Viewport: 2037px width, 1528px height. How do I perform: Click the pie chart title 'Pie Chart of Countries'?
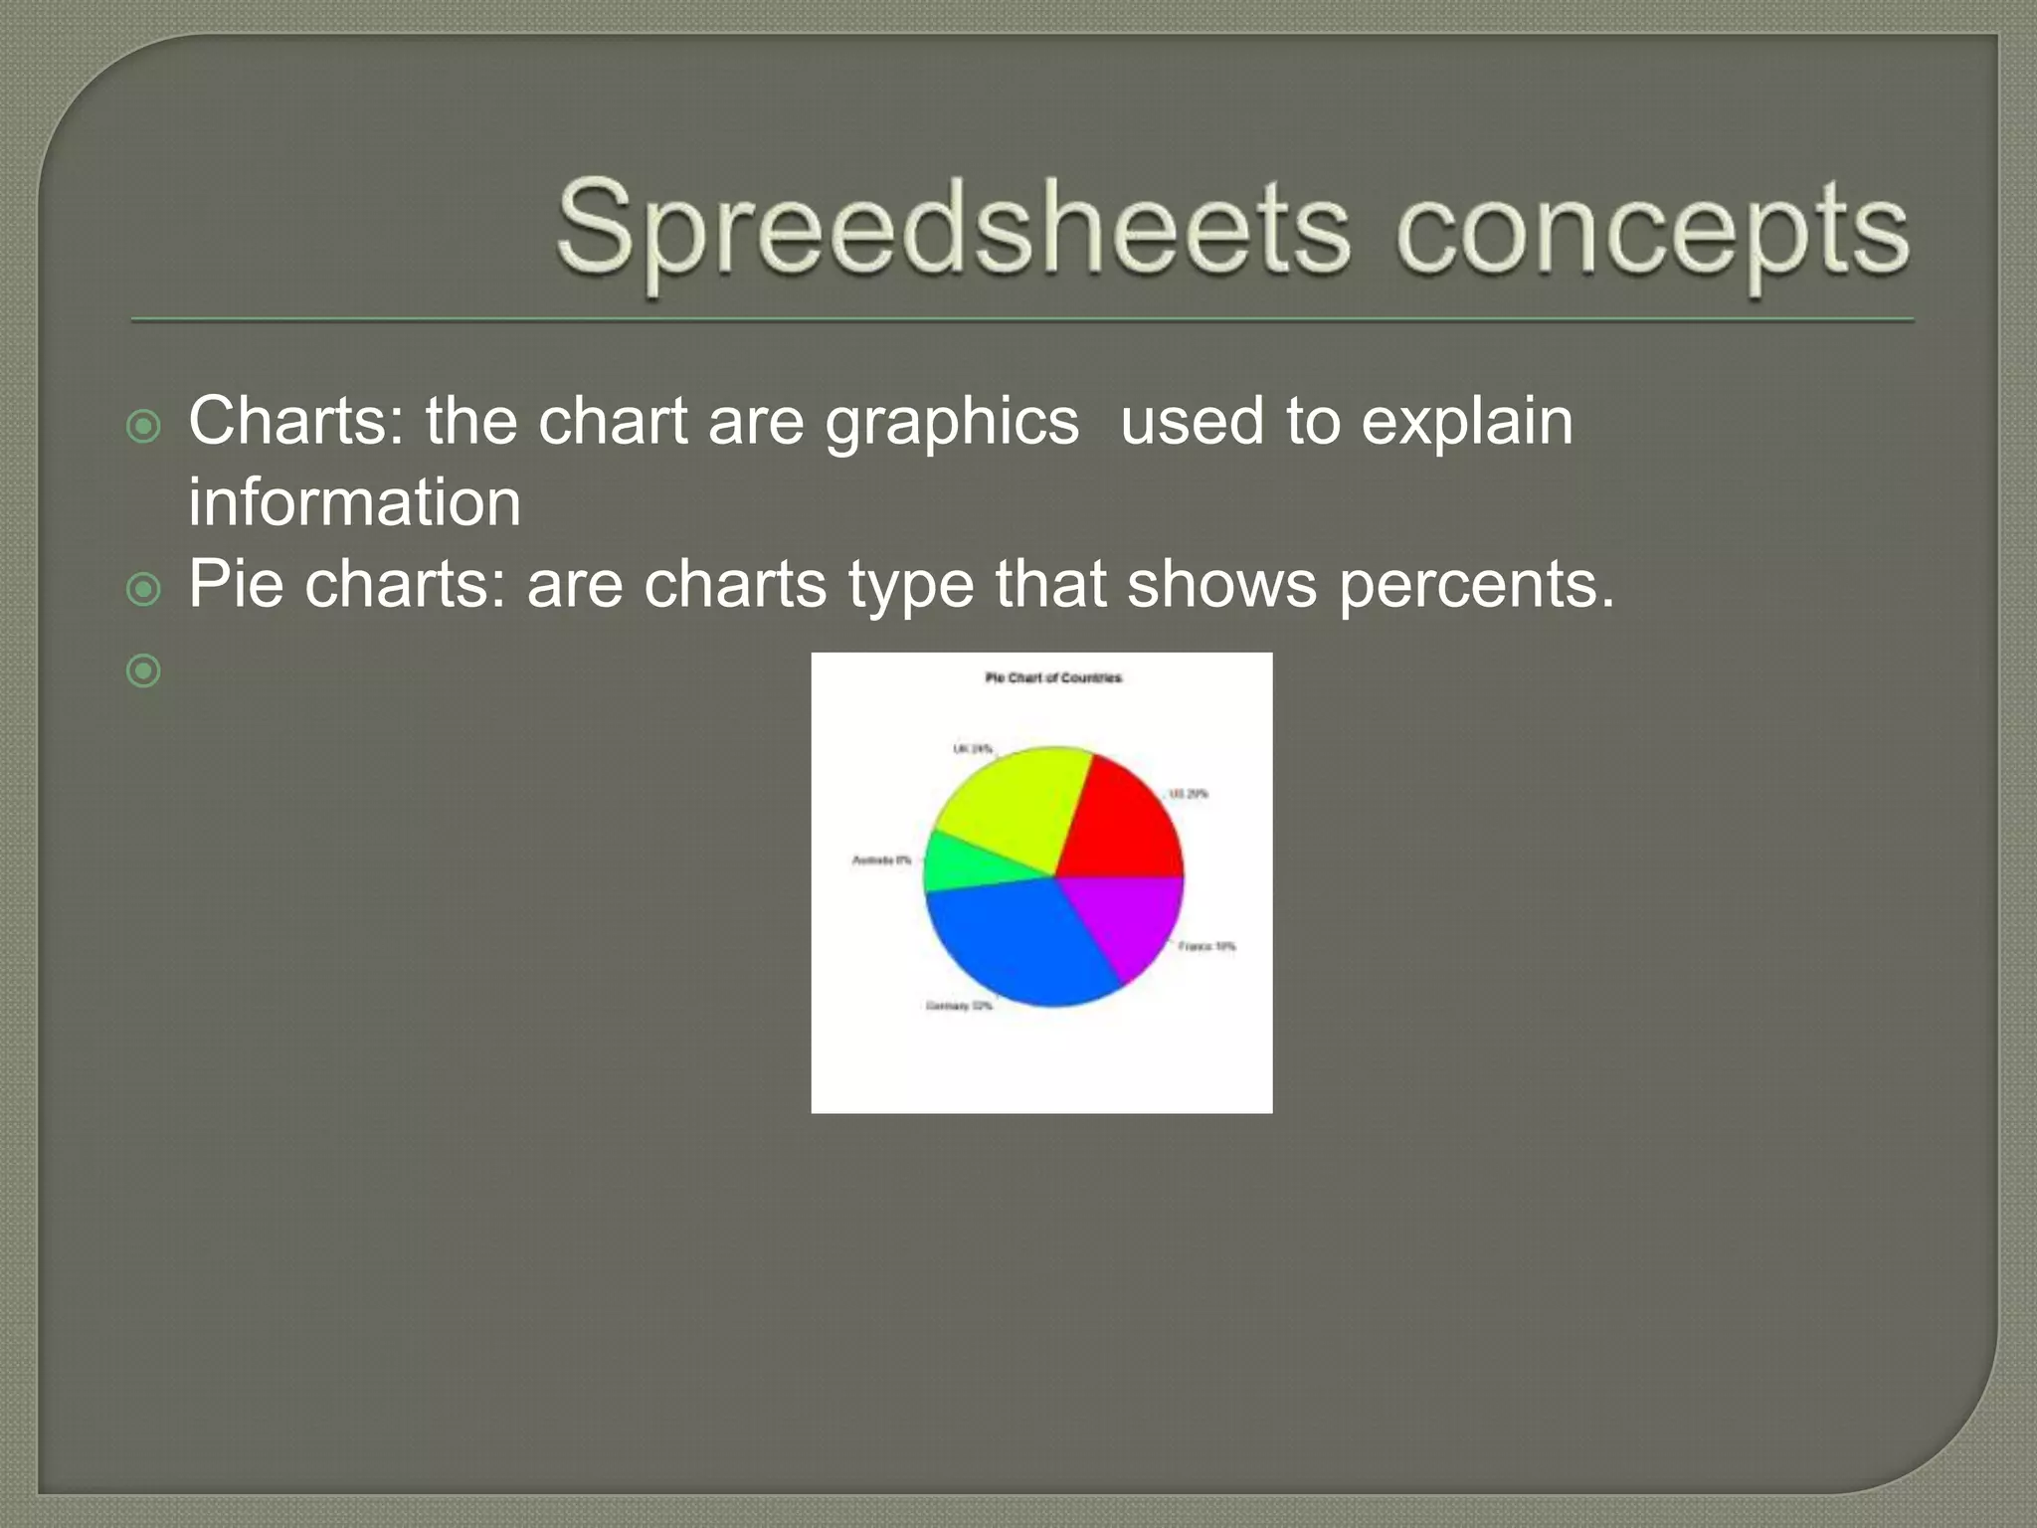click(1053, 677)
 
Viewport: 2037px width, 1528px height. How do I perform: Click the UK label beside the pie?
click(972, 748)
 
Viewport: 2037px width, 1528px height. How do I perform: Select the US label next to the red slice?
click(1189, 794)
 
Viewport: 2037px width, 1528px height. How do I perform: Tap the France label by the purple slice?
click(1206, 946)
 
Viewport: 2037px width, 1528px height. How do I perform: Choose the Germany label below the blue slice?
click(959, 1006)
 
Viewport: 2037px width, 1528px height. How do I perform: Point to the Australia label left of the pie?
click(881, 859)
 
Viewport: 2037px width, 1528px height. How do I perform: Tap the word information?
click(354, 502)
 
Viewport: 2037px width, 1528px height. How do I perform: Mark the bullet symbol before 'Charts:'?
click(144, 428)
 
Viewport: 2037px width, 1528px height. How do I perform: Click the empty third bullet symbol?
click(144, 671)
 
